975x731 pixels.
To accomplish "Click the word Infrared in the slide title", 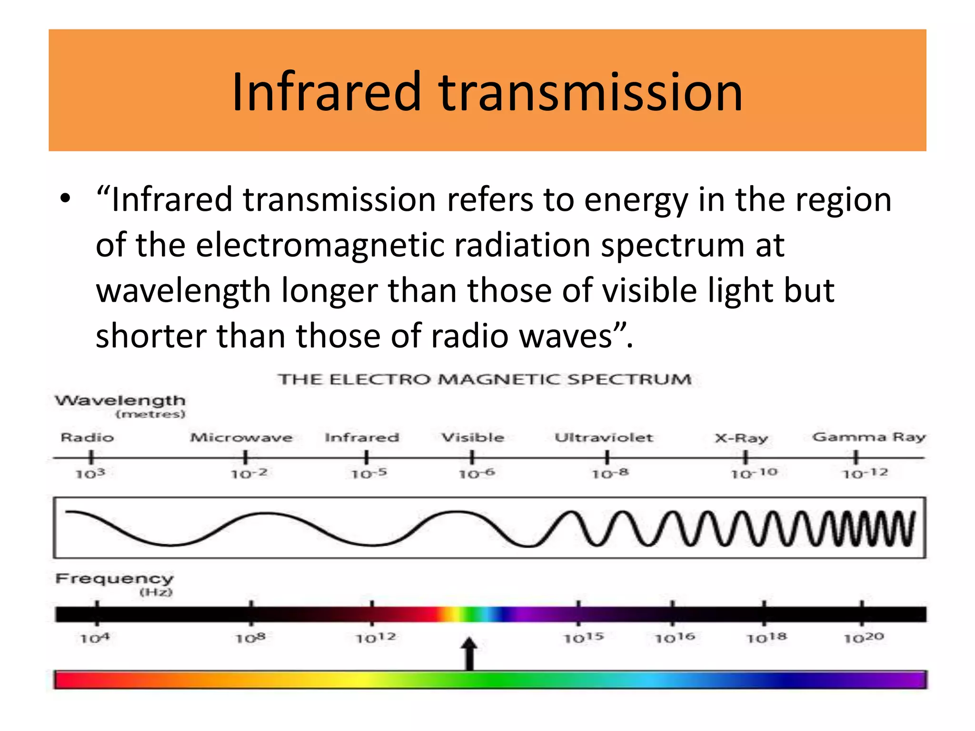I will [327, 91].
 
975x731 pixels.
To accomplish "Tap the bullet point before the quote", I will [66, 199].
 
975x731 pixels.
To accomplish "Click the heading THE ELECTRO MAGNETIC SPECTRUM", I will [485, 379].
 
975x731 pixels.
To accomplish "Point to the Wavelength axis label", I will [120, 401].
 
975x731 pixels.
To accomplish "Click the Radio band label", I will [87, 437].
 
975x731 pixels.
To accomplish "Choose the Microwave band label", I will [241, 437].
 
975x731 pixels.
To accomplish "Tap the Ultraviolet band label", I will [604, 437].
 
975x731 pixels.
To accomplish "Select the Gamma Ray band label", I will [869, 437].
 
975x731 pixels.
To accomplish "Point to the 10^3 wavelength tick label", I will [90, 474].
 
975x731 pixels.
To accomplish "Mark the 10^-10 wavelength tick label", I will [754, 473].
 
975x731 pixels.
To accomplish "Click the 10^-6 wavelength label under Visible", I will [476, 474].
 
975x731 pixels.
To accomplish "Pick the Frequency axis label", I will [114, 579].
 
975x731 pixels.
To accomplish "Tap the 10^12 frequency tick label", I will [376, 638].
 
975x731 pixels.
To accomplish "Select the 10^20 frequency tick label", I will [864, 638].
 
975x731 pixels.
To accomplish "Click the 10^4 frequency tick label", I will [94, 638].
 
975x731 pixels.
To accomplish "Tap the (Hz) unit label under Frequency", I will [156, 593].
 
